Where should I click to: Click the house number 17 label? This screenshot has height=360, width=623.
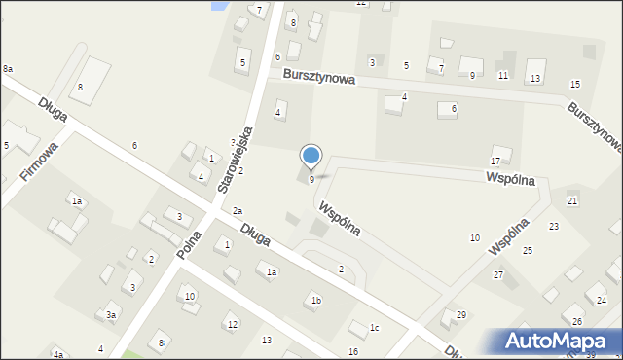point(495,161)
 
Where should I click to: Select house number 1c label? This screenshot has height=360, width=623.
point(374,328)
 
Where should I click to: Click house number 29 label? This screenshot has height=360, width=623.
point(461,314)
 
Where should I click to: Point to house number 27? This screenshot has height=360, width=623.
point(497,275)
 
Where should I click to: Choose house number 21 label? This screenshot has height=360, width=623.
point(572,200)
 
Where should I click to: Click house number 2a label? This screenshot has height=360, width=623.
point(238,211)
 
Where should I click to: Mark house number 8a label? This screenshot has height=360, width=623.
point(8,69)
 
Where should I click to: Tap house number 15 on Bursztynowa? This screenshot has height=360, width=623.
point(575,86)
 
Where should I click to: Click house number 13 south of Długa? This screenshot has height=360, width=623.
point(267,340)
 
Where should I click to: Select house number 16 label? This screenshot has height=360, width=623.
point(352,351)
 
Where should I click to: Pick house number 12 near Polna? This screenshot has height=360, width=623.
point(232,325)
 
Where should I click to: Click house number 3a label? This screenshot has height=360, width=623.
point(112,315)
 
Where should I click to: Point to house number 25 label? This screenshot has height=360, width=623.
point(528,251)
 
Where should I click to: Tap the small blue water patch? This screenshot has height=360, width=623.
point(219,5)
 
